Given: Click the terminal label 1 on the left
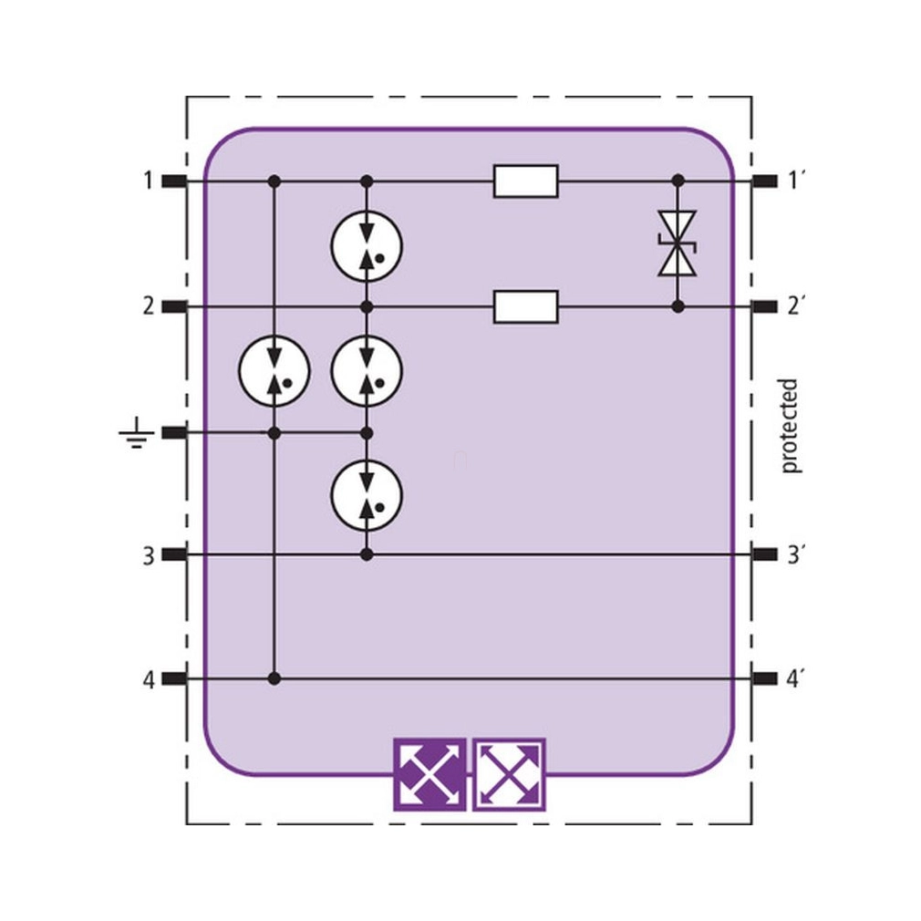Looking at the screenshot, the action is pyautogui.click(x=148, y=181).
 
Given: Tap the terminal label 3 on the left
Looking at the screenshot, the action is pyautogui.click(x=149, y=555).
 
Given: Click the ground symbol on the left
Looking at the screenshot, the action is pyautogui.click(x=136, y=433).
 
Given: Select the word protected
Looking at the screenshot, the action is pyautogui.click(x=790, y=426).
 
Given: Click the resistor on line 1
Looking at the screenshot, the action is pyautogui.click(x=525, y=181).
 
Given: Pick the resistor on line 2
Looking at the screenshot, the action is pyautogui.click(x=525, y=306).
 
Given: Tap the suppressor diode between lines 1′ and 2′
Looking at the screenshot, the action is pyautogui.click(x=678, y=243).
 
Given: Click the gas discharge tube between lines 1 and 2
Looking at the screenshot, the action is pyautogui.click(x=367, y=243).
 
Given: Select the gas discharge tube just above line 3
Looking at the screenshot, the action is pyautogui.click(x=367, y=494).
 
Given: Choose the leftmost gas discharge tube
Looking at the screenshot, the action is pyautogui.click(x=274, y=370).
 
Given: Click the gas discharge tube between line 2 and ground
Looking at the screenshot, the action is pyautogui.click(x=367, y=370).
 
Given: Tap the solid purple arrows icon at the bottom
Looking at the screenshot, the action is pyautogui.click(x=429, y=775).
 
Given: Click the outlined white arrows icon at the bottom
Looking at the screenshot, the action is pyautogui.click(x=509, y=775).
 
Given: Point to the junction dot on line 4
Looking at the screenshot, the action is pyautogui.click(x=274, y=679).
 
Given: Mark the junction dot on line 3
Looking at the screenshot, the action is pyautogui.click(x=367, y=554).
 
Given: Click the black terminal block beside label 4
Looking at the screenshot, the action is pyautogui.click(x=174, y=679).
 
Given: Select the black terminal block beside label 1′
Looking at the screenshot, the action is pyautogui.click(x=764, y=181).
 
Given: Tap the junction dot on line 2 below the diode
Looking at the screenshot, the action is pyautogui.click(x=678, y=306).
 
